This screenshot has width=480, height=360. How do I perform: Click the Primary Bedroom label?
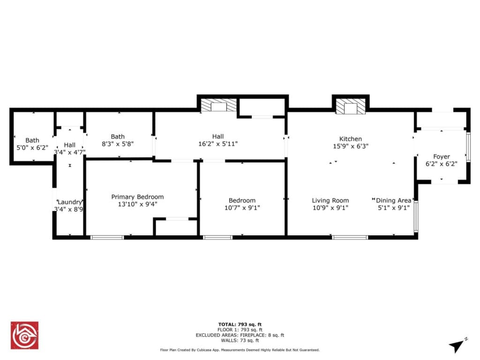click(137, 197)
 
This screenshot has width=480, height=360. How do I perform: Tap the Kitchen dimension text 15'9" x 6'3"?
click(351, 146)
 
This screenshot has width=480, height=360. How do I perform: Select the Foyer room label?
click(442, 157)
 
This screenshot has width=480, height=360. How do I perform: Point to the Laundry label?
click(70, 202)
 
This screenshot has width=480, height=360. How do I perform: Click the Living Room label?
click(330, 201)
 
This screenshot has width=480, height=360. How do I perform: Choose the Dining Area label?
click(393, 201)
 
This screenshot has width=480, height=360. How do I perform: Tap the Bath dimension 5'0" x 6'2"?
click(32, 148)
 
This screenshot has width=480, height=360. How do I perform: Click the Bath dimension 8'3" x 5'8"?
click(118, 144)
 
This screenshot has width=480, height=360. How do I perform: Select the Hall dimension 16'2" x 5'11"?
click(218, 144)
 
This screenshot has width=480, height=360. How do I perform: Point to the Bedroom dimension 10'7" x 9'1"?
click(242, 208)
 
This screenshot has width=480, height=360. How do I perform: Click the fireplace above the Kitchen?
click(351, 106)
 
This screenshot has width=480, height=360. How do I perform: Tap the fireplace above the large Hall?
click(218, 105)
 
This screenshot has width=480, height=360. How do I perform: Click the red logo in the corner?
click(24, 335)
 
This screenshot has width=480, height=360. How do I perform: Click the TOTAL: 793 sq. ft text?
click(240, 324)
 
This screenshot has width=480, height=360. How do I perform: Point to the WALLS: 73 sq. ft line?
click(240, 340)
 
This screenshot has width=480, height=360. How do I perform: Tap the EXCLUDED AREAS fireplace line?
click(240, 335)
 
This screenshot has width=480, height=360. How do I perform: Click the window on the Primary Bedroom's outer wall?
click(107, 238)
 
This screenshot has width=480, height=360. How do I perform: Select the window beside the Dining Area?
click(416, 217)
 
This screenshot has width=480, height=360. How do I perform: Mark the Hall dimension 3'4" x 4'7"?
click(70, 152)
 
